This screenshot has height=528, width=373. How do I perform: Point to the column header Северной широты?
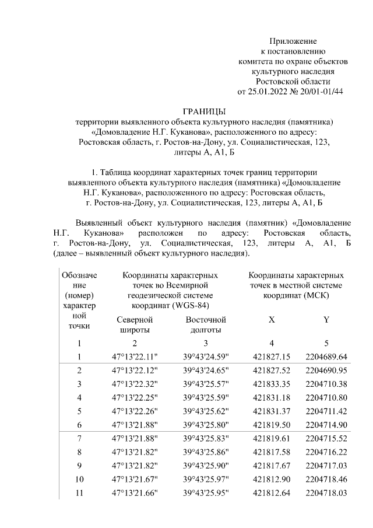point(135,324)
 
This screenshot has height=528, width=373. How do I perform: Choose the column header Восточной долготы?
point(205,324)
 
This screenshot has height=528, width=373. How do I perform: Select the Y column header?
point(326,320)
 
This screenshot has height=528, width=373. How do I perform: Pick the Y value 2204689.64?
point(326,356)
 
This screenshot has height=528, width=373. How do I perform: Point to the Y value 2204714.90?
point(326,425)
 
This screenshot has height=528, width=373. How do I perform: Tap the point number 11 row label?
point(79,493)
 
